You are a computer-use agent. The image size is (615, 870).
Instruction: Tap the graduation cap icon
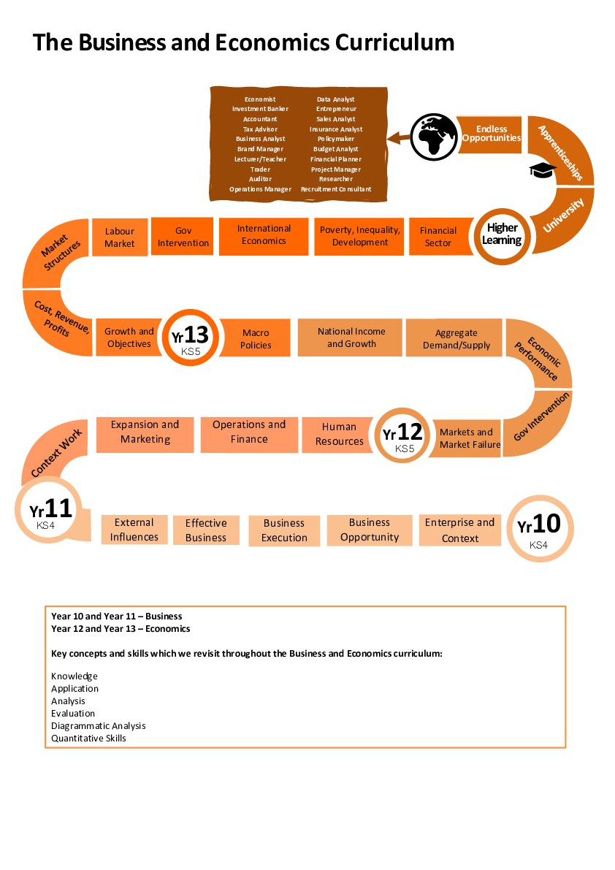[x=542, y=170]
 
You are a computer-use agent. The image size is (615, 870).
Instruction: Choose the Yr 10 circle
[x=538, y=527]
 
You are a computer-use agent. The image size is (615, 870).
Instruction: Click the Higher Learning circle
[x=503, y=234]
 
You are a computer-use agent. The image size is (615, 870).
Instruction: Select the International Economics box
[x=264, y=235]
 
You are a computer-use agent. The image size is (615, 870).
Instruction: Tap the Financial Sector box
[x=438, y=237]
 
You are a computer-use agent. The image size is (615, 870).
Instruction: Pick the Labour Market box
[x=120, y=237]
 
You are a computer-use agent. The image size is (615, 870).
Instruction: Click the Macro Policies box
[x=256, y=339]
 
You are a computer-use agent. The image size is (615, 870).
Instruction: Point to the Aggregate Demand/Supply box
[x=456, y=339]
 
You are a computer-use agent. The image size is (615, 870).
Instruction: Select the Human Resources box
[x=339, y=434]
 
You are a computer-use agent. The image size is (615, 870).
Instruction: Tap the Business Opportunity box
[x=369, y=530]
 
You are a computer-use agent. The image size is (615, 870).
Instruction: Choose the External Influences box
[x=134, y=530]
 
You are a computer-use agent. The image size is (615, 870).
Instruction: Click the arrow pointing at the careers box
[x=398, y=137]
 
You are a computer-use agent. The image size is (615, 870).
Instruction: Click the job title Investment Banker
[x=260, y=109]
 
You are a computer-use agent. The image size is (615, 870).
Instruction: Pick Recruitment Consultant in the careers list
[x=336, y=189]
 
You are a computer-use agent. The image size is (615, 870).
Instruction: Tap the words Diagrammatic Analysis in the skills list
[x=99, y=726]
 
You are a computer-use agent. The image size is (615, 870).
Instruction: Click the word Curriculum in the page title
[x=395, y=42]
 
